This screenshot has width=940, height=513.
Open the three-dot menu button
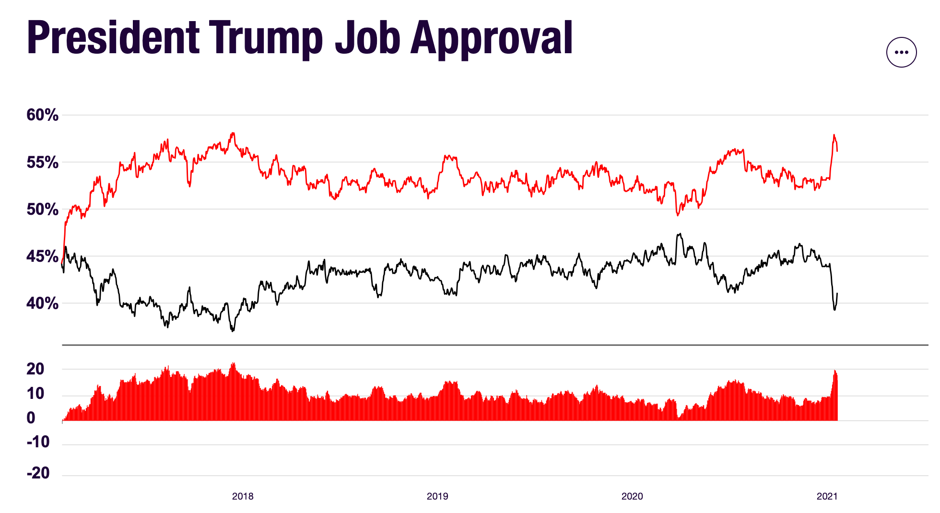(x=901, y=52)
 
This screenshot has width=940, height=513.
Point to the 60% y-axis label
(x=42, y=115)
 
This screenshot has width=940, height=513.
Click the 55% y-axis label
(x=42, y=163)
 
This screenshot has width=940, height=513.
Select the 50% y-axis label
(x=42, y=210)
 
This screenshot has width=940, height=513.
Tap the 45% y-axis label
(x=42, y=256)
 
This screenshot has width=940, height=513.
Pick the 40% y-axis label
(x=42, y=303)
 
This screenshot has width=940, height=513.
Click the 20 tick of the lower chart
(x=35, y=369)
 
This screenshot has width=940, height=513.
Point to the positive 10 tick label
(x=35, y=394)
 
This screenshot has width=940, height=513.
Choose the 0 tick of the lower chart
(x=31, y=418)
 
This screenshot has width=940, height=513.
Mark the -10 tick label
(x=38, y=442)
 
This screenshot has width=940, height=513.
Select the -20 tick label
(x=38, y=473)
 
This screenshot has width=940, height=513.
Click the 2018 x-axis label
(x=243, y=497)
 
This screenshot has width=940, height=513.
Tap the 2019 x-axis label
(x=437, y=497)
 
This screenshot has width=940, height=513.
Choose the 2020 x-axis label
(x=632, y=497)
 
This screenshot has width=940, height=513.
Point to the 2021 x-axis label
(x=827, y=497)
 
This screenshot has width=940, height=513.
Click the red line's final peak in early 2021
(x=834, y=135)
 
